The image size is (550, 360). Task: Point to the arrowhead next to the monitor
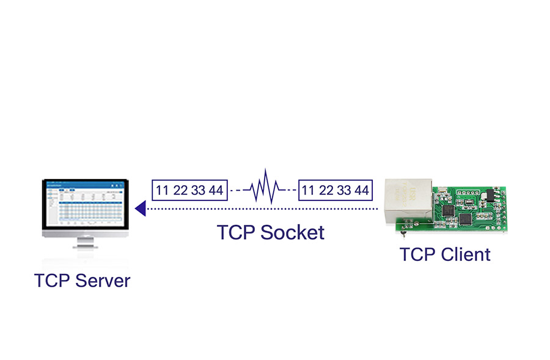tap(140, 209)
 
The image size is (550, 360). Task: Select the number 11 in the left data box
tap(162, 190)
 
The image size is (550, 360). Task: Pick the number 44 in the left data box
tap(216, 190)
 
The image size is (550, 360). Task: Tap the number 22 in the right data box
tap(326, 190)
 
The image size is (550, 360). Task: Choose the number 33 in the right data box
tap(344, 190)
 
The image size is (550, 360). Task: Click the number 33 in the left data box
tap(198, 190)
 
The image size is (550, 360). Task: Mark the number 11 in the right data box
tap(309, 190)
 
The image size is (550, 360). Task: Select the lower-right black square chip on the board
tap(468, 219)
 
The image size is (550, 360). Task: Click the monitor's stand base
tap(85, 246)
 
